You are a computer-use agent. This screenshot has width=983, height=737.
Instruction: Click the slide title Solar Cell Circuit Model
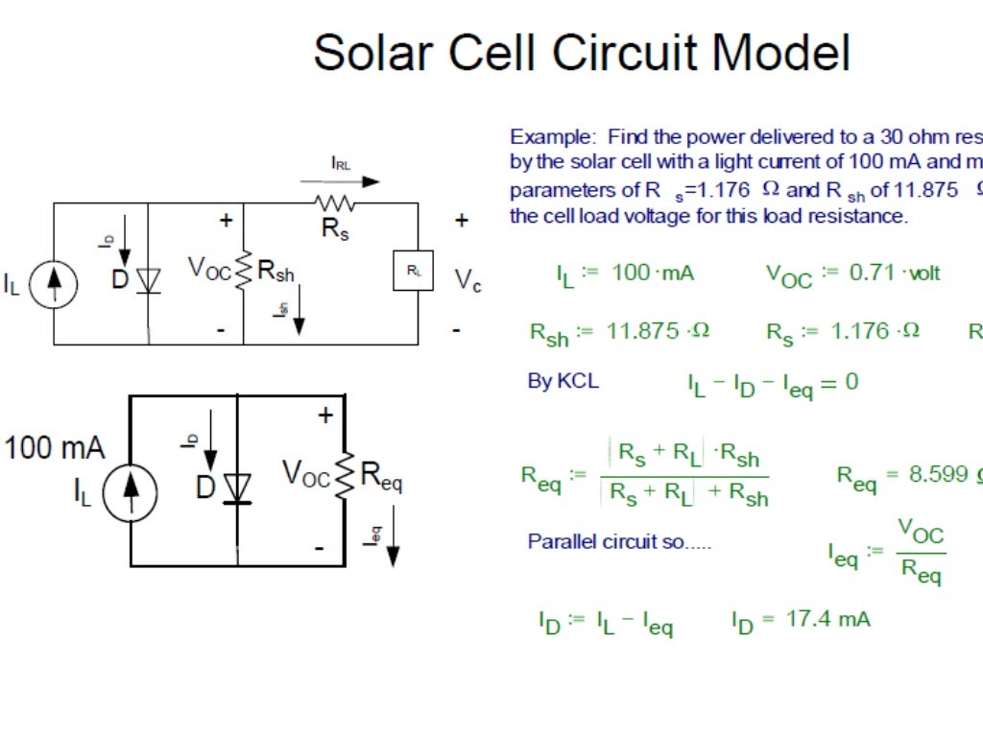coord(582,53)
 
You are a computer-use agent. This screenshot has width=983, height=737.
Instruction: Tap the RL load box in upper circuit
coord(413,272)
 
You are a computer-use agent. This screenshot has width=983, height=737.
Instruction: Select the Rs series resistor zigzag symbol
coord(333,203)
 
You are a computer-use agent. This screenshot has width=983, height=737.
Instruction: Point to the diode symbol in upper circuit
coord(147,280)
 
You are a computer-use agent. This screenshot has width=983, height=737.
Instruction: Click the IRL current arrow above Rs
coord(341,180)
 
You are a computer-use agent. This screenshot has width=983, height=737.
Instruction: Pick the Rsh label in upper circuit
coord(276,273)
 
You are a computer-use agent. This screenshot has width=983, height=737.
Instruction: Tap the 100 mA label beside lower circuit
coord(55,447)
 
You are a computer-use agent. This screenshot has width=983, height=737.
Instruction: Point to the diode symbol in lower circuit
coord(237,488)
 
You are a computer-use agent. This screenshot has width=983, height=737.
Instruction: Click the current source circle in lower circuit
coord(130,495)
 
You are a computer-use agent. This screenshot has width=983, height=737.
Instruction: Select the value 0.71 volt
coord(895,273)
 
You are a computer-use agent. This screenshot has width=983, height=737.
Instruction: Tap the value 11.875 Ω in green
coord(658,332)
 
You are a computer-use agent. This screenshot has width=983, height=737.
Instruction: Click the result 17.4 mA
coord(827,619)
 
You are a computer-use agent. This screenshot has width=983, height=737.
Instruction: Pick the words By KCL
coord(563,381)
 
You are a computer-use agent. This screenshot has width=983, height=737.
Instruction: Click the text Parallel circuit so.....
coord(619,542)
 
